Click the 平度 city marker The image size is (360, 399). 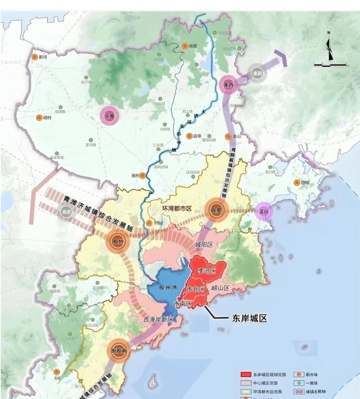109,116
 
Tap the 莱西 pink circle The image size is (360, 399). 229,85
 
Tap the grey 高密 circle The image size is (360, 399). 66,212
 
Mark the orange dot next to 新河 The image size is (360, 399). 34,57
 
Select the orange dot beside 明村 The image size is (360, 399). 39,118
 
